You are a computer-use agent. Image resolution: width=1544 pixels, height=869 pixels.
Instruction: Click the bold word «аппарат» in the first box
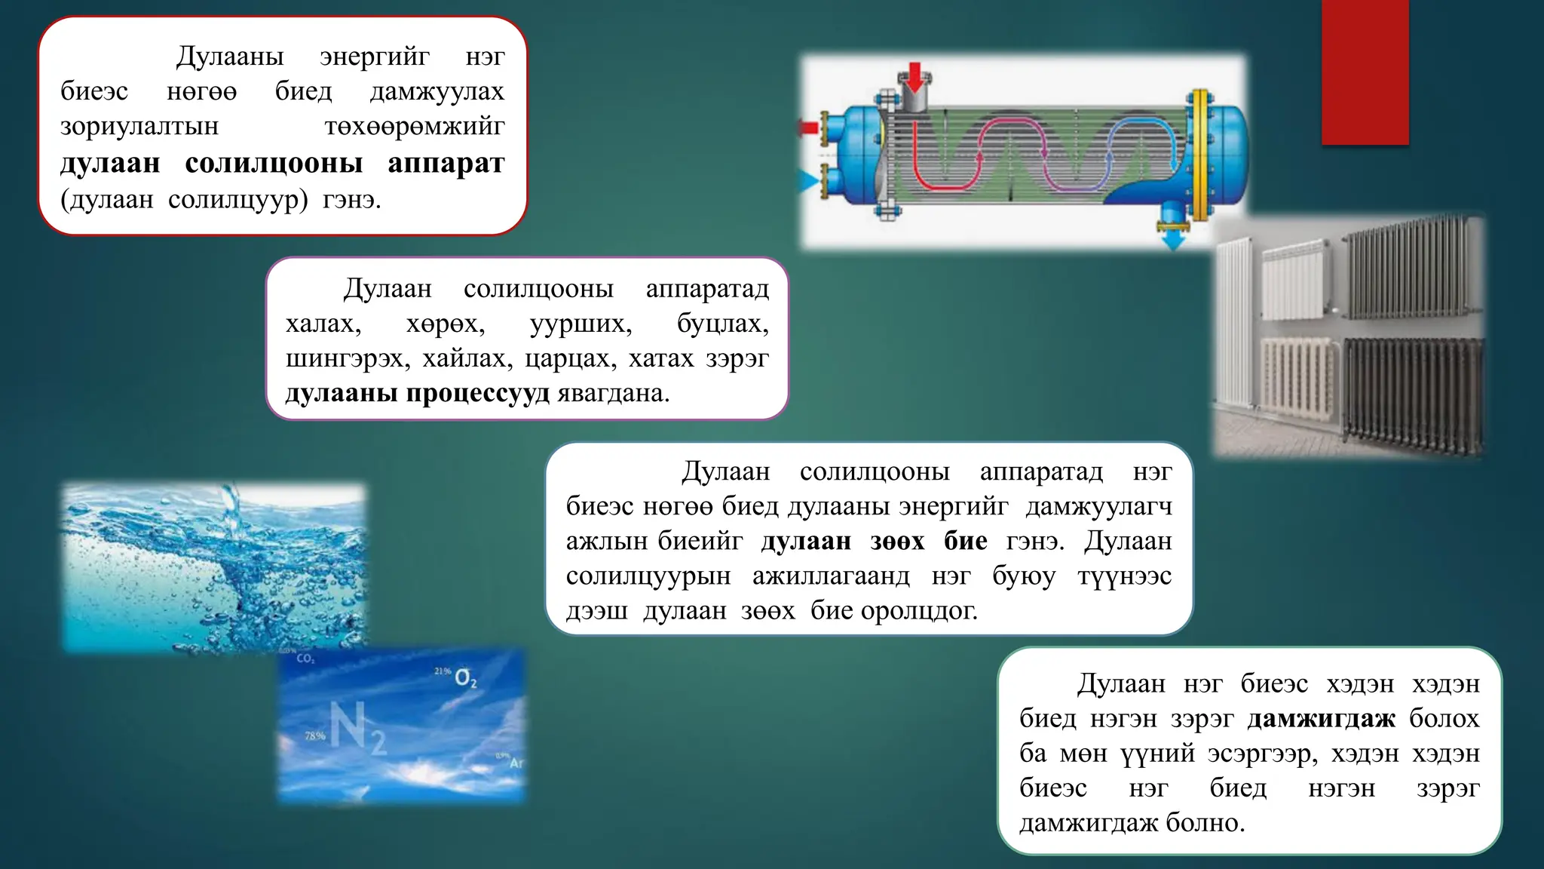click(x=446, y=164)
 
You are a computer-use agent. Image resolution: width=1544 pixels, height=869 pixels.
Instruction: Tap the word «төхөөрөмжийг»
click(x=414, y=126)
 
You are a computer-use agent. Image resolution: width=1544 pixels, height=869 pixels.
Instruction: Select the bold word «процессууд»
click(x=478, y=393)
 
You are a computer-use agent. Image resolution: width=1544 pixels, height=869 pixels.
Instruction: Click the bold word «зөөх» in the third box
click(x=896, y=541)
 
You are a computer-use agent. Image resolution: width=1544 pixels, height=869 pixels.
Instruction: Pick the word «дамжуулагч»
click(x=1098, y=506)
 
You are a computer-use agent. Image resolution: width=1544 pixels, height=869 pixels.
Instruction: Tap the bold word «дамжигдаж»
click(x=1321, y=718)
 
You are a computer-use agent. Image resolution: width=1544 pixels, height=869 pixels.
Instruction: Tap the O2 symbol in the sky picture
click(x=465, y=678)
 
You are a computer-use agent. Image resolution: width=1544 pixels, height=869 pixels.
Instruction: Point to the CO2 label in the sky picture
click(x=305, y=659)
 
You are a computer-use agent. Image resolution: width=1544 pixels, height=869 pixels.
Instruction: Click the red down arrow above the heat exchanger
click(x=914, y=77)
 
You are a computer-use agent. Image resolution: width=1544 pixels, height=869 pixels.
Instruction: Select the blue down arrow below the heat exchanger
click(x=1172, y=239)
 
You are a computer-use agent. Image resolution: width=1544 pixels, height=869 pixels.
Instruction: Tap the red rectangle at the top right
click(x=1365, y=72)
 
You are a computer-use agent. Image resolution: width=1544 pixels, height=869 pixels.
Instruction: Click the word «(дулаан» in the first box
click(x=107, y=200)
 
